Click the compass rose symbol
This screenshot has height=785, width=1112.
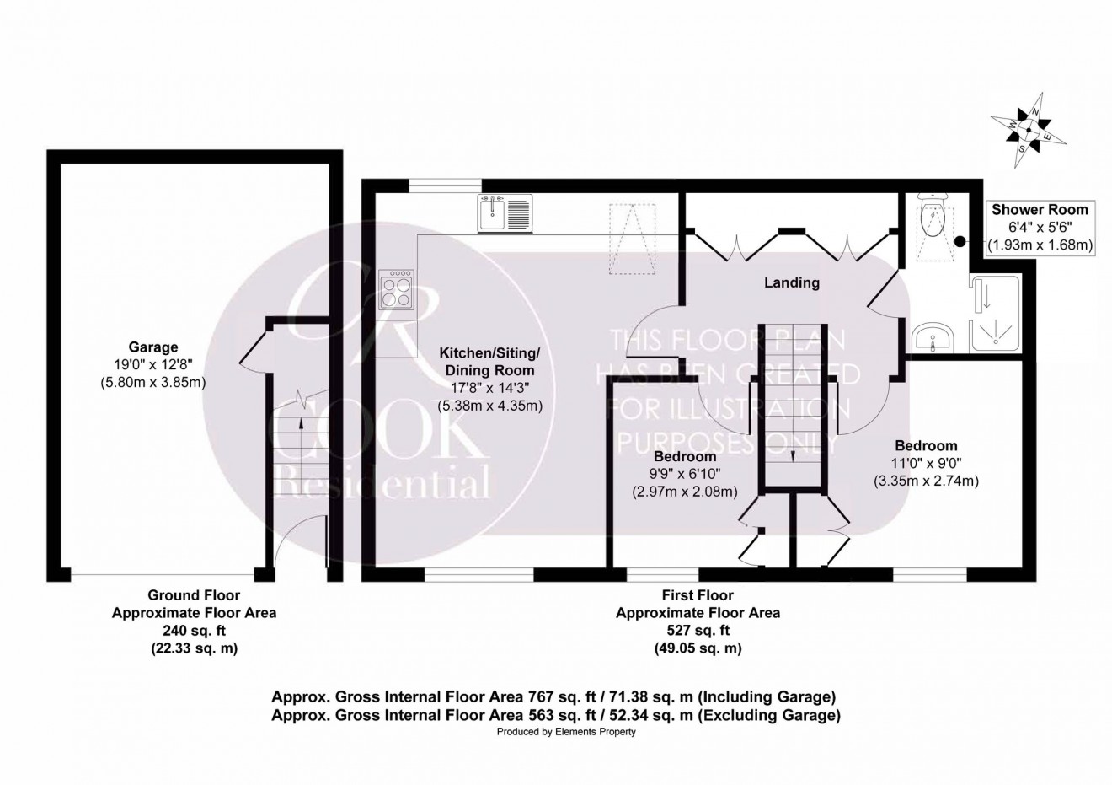click(1028, 131)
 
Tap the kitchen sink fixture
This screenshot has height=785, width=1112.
click(505, 213)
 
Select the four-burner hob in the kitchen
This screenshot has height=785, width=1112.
click(397, 288)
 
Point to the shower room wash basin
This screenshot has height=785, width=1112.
click(933, 338)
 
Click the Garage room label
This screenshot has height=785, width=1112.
click(153, 347)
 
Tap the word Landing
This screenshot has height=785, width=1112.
click(791, 282)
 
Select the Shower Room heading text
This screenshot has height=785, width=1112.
click(1040, 210)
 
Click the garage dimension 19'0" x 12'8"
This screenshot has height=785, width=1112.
click(153, 365)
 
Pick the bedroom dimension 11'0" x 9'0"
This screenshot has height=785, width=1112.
click(927, 463)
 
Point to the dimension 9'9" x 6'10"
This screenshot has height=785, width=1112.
click(685, 474)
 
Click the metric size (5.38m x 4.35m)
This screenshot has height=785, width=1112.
click(490, 406)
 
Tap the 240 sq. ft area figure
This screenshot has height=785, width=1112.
click(194, 631)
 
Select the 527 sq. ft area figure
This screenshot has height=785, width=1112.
click(698, 631)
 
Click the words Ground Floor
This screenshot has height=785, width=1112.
click(194, 594)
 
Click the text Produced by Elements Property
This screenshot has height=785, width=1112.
click(566, 732)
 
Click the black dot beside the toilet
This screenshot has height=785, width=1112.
click(960, 241)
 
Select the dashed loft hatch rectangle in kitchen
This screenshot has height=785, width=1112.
click(632, 239)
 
